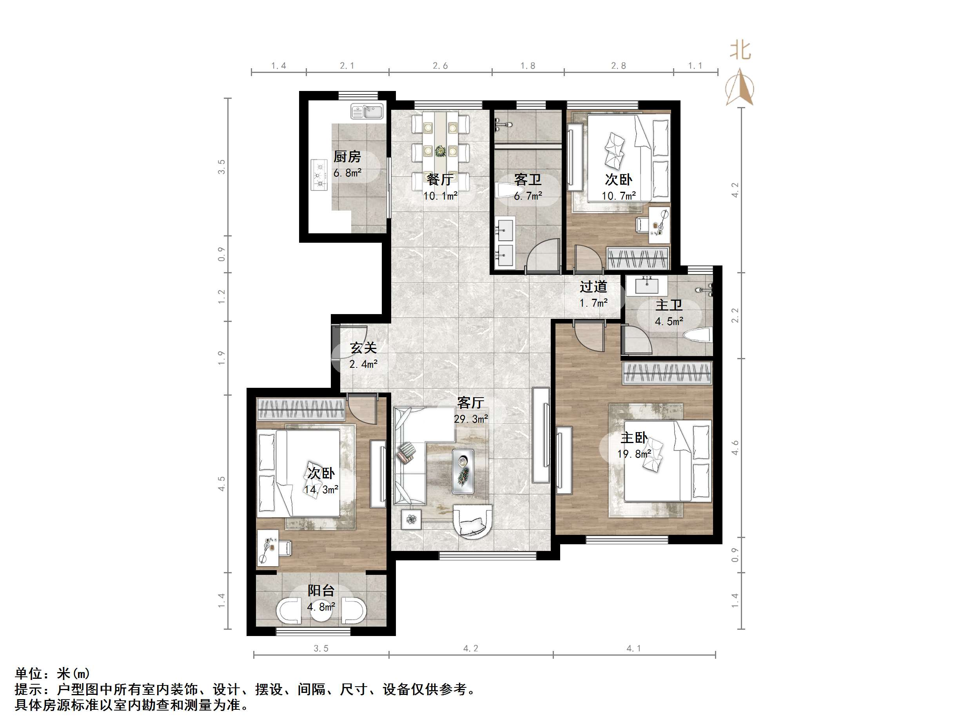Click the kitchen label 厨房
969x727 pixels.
347,156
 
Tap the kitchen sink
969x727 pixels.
367,111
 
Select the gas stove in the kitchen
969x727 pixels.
319,175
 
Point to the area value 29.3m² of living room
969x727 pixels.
471,419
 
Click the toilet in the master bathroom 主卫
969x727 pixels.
697,336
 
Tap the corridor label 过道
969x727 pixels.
593,287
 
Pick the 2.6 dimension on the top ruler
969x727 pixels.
440,66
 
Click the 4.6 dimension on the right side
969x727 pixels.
735,447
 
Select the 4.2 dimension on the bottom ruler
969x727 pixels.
471,649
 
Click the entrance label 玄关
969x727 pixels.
363,348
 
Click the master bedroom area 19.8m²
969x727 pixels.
634,454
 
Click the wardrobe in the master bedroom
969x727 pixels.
667,374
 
